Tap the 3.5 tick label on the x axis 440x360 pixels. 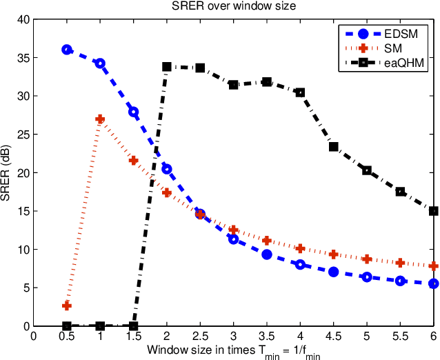point(266,337)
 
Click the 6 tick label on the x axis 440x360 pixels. point(434,337)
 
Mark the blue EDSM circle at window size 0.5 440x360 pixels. point(67,50)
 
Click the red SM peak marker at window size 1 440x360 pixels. point(100,119)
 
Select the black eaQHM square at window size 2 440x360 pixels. point(167,67)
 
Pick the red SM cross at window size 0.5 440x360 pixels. point(67,306)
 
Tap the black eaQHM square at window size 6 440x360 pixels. point(434,211)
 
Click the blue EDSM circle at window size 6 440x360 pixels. point(434,283)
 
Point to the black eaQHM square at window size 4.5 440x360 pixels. point(334,146)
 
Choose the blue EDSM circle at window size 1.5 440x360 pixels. point(134,112)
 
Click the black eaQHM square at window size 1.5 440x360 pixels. point(134,326)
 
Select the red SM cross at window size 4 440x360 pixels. point(300,248)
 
